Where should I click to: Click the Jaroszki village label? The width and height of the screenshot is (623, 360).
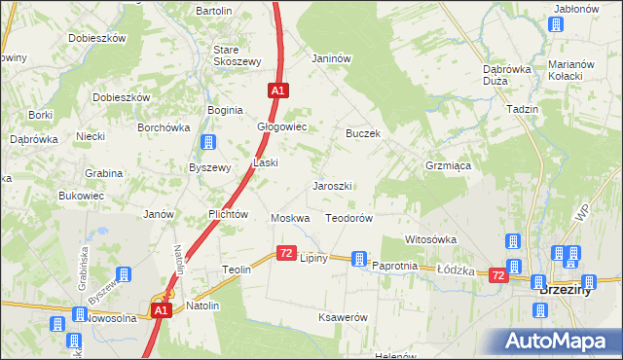pyautogui.click(x=332, y=186)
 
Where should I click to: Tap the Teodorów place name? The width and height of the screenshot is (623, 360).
pyautogui.click(x=349, y=219)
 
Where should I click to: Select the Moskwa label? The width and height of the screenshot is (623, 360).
pyautogui.click(x=290, y=219)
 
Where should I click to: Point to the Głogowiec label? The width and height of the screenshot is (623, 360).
pyautogui.click(x=281, y=127)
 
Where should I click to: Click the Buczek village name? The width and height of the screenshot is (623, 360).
pyautogui.click(x=362, y=133)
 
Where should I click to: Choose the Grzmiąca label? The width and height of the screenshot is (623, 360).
pyautogui.click(x=448, y=166)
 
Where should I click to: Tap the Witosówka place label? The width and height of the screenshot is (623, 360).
pyautogui.click(x=430, y=239)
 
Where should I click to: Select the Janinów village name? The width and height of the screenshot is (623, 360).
pyautogui.click(x=331, y=57)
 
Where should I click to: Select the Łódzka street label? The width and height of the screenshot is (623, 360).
pyautogui.click(x=455, y=270)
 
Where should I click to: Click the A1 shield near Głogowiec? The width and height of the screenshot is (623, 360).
pyautogui.click(x=278, y=90)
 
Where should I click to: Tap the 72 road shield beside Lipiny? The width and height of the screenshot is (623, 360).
pyautogui.click(x=286, y=253)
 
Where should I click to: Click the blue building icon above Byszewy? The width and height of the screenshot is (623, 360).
pyautogui.click(x=207, y=144)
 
